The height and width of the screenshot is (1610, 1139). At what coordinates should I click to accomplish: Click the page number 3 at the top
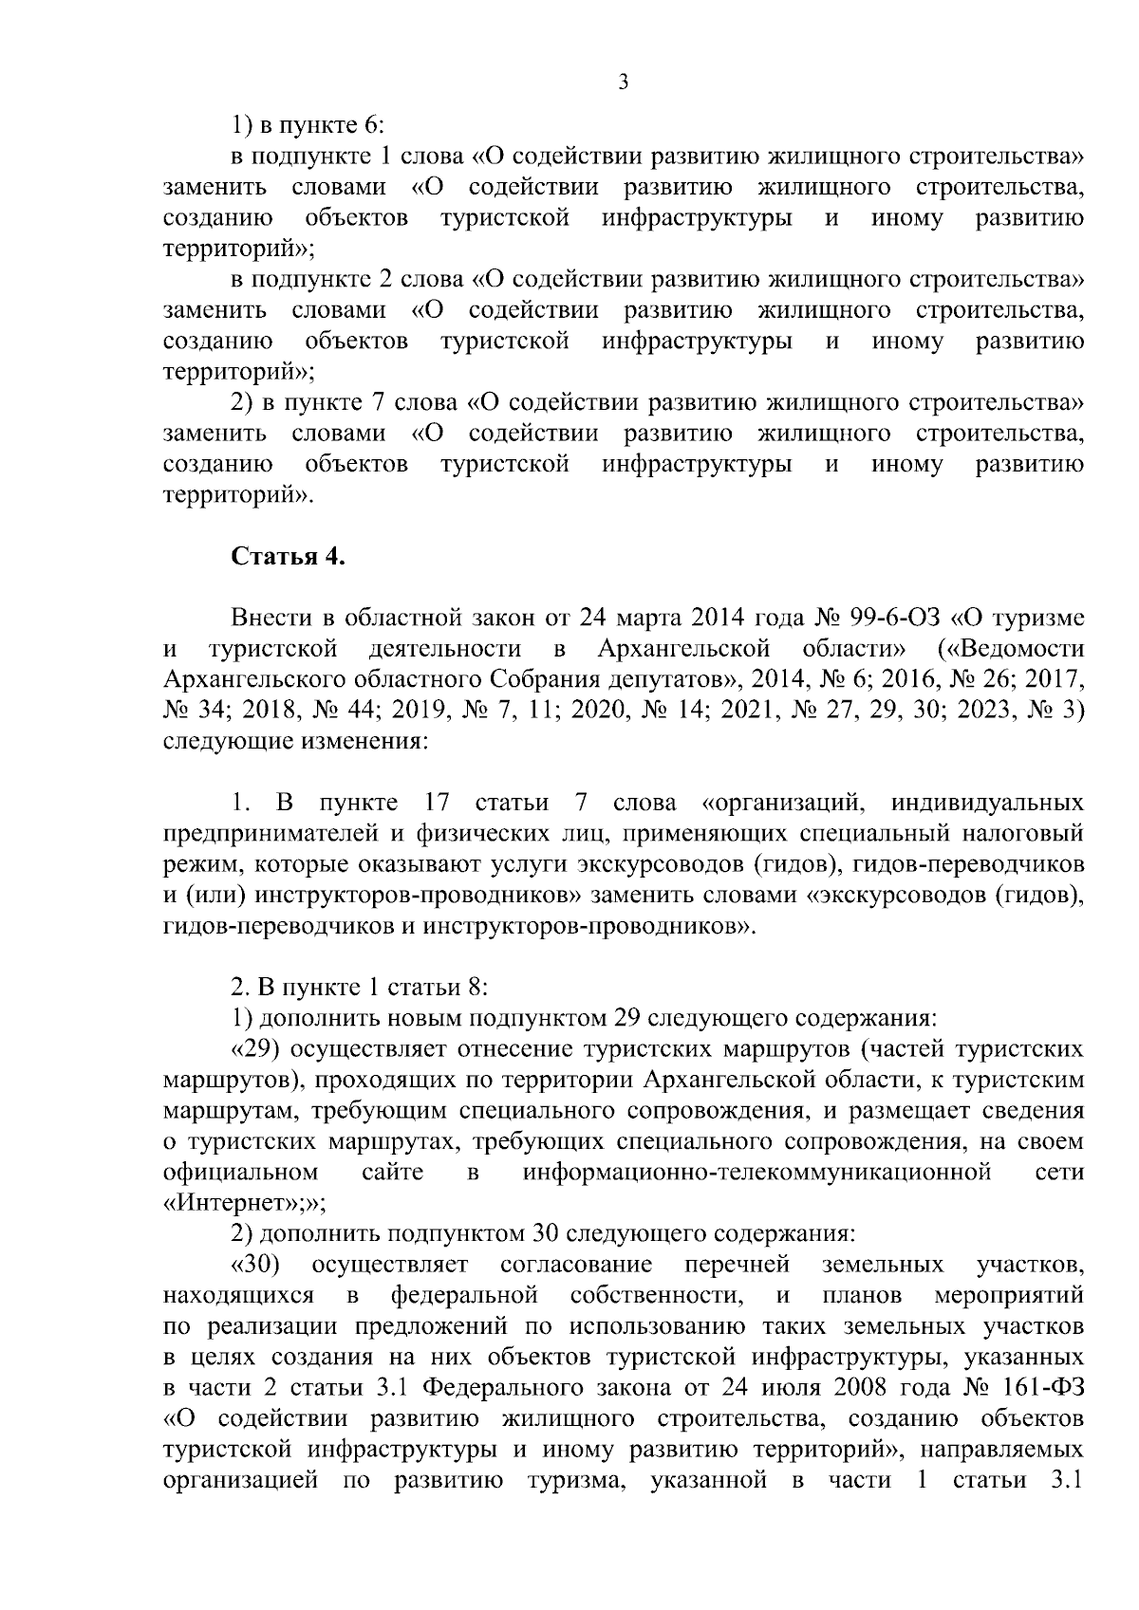point(623,83)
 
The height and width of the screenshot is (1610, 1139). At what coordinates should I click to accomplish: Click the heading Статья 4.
point(289,557)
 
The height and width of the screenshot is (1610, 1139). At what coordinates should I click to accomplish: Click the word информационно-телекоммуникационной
point(756,1172)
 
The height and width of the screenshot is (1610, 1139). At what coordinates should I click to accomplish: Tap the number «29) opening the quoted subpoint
point(254,1048)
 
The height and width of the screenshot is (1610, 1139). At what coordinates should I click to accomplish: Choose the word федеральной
point(465,1295)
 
